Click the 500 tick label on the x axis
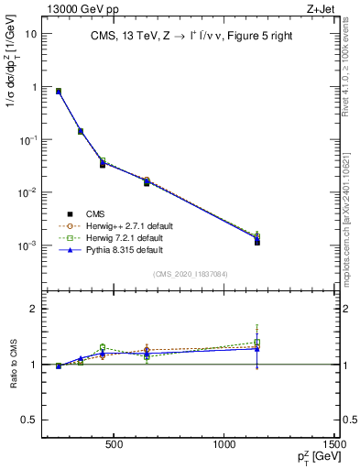115,446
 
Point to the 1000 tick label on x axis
225,446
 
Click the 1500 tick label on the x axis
336,446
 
